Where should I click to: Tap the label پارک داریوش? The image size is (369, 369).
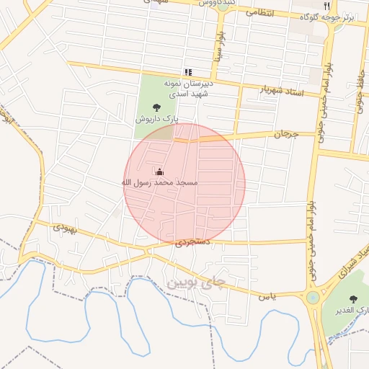click(157, 118)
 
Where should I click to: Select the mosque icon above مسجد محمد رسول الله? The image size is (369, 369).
click(159, 172)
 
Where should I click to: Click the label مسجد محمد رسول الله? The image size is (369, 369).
click(159, 183)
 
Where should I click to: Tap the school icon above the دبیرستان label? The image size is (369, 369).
click(188, 72)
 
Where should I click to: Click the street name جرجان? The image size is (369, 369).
click(285, 134)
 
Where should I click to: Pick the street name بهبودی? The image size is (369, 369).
click(64, 228)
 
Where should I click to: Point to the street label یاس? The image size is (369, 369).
click(267, 295)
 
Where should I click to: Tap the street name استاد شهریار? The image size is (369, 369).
click(281, 92)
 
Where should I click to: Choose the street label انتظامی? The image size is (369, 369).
click(259, 12)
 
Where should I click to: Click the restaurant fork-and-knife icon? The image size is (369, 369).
click(326, 6)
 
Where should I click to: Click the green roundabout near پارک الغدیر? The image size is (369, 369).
click(313, 297)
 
